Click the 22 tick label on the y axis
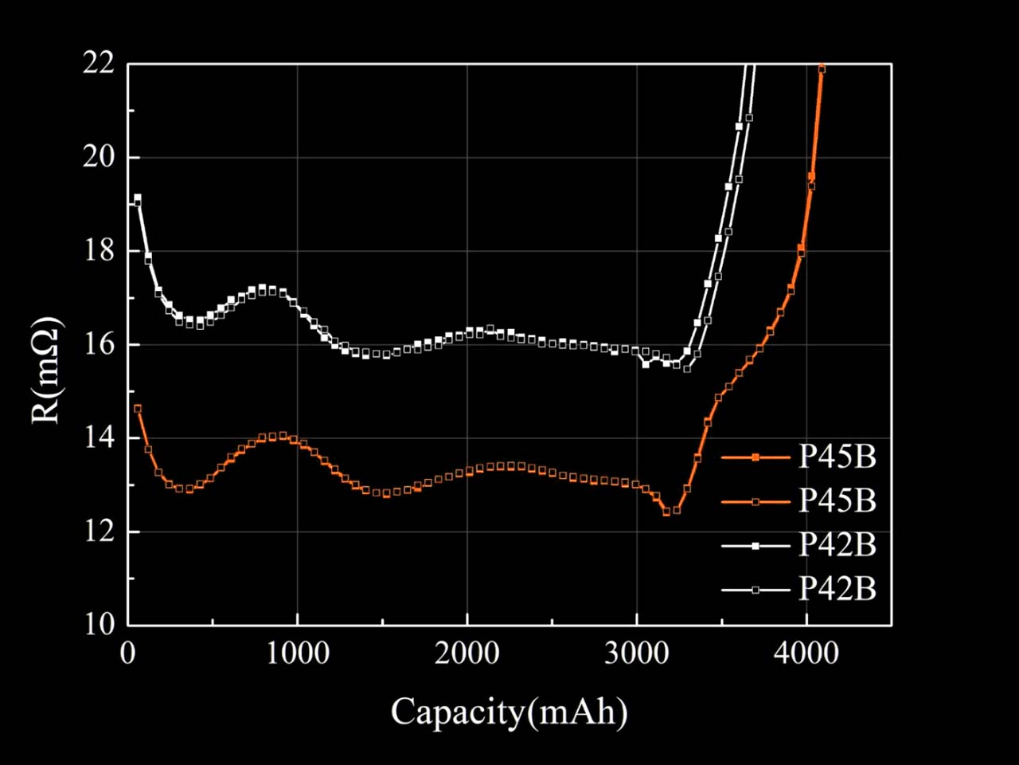99,63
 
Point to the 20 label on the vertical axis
99,157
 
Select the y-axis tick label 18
99,250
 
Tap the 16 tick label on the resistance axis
99,344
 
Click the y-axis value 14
99,437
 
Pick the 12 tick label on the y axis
99,532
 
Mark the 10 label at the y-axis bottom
99,624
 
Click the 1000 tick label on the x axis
297,654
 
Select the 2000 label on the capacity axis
467,654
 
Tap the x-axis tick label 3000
636,654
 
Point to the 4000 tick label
806,654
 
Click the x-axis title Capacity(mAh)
509,712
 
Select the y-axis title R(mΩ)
47,370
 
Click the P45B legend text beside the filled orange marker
837,457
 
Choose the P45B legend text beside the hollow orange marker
837,501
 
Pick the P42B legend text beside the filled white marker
837,545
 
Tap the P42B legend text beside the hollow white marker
837,590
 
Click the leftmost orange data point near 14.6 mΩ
138,409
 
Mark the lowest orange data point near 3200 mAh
666,512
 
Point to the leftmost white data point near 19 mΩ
138,198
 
